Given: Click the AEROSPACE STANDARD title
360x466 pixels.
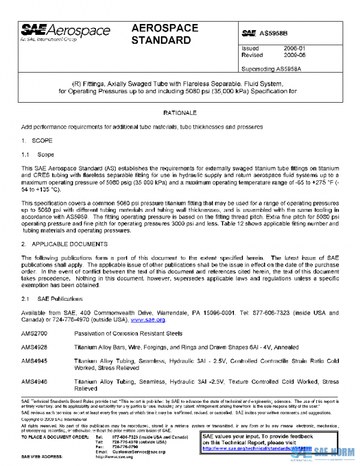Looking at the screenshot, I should pyautogui.click(x=161, y=35).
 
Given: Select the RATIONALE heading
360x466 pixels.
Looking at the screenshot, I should pyautogui.click(x=180, y=112).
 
